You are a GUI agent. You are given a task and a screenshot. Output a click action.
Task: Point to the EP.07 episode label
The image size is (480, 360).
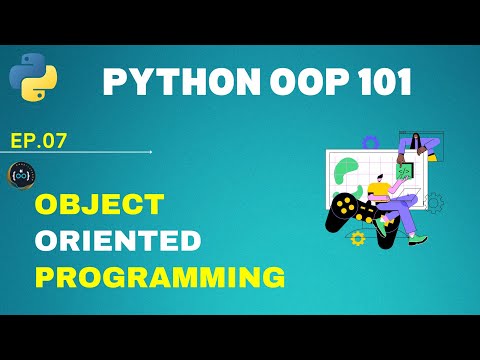coord(38,140)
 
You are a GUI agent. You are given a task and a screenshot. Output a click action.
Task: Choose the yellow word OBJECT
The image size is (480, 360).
coord(99,205)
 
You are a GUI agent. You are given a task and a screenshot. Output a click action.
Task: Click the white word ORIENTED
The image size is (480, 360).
coord(117,240)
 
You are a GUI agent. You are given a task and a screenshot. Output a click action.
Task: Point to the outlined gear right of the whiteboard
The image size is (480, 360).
coord(435,203)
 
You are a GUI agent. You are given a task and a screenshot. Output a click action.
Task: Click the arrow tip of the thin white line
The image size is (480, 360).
coord(150,152)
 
